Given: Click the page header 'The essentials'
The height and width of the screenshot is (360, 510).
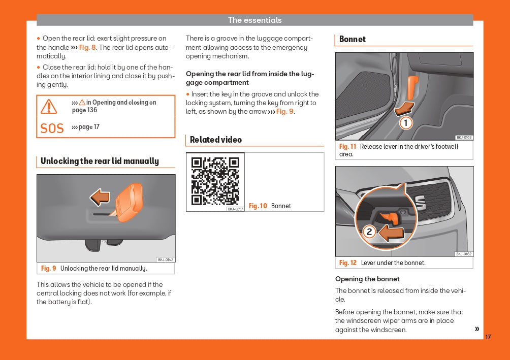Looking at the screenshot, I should (x=254, y=20).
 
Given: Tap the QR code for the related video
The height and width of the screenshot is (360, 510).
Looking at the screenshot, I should (x=215, y=181).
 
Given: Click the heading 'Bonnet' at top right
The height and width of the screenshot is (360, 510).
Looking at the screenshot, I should (x=352, y=39).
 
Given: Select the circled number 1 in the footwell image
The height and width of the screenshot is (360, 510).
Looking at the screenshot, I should (x=405, y=123).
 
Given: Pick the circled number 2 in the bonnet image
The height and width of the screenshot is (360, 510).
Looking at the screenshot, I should (x=369, y=232).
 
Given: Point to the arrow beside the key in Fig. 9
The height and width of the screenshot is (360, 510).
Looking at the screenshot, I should (x=100, y=197).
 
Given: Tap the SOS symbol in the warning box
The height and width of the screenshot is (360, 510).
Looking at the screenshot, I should (x=52, y=128).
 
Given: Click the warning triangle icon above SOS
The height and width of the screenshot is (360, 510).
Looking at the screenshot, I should (x=49, y=106).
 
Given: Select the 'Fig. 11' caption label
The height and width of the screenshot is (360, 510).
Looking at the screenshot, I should (x=347, y=146).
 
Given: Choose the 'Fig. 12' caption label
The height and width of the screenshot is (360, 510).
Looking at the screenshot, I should (x=348, y=263).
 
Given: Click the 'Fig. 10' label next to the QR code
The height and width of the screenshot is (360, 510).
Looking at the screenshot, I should (x=258, y=206).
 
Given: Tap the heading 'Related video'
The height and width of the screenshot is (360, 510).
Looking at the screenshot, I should (x=216, y=140).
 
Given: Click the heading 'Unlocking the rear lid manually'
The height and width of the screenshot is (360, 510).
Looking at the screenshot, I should (x=100, y=161).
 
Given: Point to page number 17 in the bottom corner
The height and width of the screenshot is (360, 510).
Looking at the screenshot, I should (x=488, y=337).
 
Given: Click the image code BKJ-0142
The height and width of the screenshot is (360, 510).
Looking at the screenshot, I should (x=166, y=259).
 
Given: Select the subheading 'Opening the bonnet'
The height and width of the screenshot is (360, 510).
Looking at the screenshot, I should (x=367, y=279).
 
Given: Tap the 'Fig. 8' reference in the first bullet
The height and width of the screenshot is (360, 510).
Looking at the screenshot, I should (x=87, y=47).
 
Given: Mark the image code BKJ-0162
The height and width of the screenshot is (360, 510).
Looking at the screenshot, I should (x=463, y=254).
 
